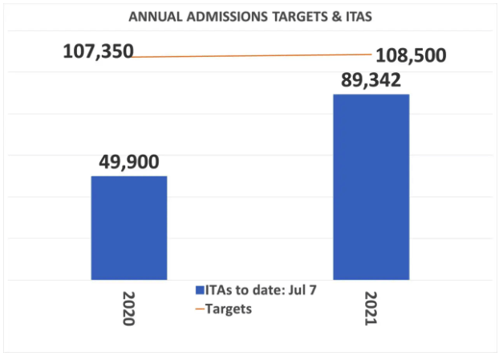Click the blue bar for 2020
[x=128, y=228]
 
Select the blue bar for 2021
[x=371, y=187]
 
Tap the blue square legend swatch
[x=199, y=290]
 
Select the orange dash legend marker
[x=199, y=309]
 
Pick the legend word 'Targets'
[x=229, y=309]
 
